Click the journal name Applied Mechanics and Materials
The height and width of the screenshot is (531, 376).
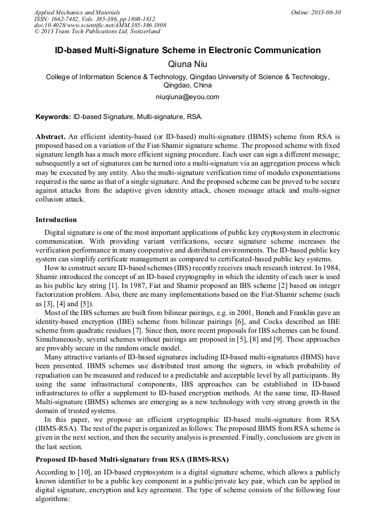point(77,12)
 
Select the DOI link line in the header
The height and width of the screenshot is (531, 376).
point(100,25)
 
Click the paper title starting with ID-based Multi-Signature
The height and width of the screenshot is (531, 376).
point(187,50)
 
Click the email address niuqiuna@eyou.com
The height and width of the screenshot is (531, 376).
point(187,96)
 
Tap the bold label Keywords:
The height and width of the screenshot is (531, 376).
point(53,117)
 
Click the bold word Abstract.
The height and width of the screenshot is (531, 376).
point(50,136)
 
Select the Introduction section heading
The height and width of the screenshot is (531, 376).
point(56,220)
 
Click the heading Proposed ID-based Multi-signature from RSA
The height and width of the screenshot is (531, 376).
point(132,460)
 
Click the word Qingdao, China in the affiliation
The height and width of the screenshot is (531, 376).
point(187,85)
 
